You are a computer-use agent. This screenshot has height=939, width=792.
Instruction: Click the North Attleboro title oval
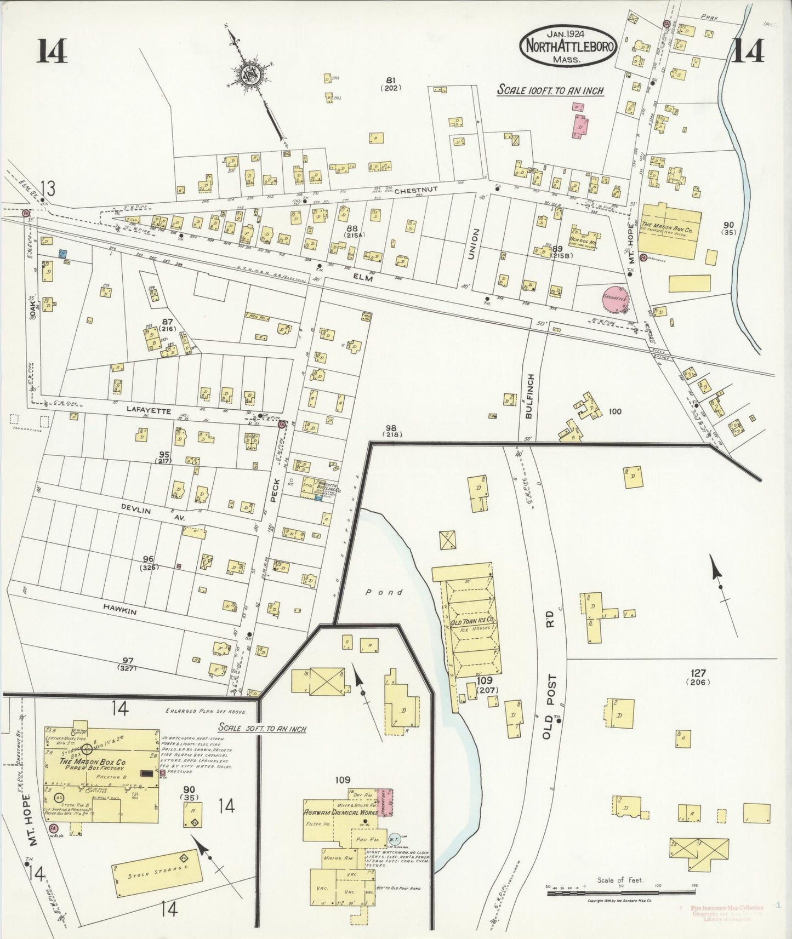(x=568, y=46)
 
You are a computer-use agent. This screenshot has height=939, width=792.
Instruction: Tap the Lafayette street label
(x=149, y=410)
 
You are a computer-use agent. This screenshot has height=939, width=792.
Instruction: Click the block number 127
(x=698, y=673)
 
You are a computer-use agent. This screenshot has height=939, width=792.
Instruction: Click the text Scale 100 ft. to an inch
(x=550, y=90)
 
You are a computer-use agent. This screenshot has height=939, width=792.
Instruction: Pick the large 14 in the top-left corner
(x=53, y=52)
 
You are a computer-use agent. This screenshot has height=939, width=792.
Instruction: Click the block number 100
(x=615, y=411)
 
